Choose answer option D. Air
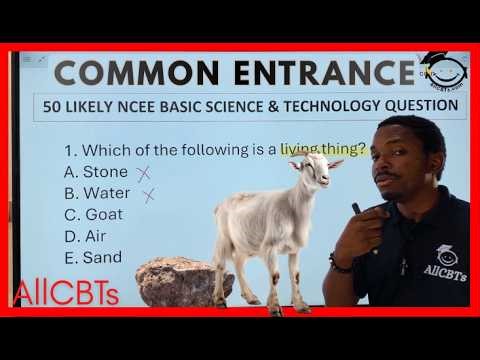[85, 236]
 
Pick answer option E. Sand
[92, 257]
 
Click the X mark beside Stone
[143, 173]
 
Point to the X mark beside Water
[149, 194]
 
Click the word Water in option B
[107, 193]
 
